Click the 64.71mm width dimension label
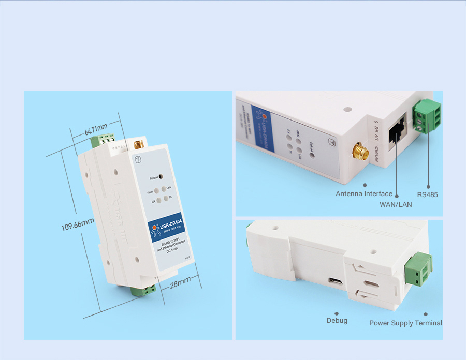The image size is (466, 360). coord(96,129)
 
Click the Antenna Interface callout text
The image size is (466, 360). coord(364,194)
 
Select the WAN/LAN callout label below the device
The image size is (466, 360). coord(396,204)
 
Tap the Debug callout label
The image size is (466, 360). coord(337,321)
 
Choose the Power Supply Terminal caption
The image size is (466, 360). coord(405,323)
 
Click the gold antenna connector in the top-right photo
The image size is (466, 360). coord(360,153)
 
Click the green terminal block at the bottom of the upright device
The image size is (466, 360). coord(144,289)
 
